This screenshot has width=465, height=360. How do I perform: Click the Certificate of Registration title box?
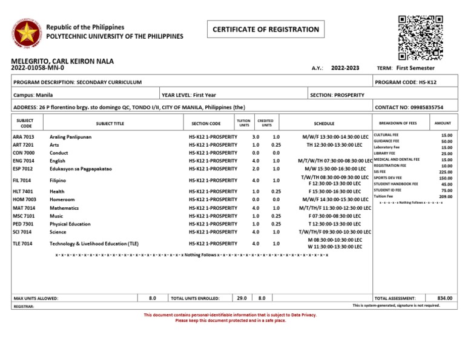pyautogui.click(x=265, y=29)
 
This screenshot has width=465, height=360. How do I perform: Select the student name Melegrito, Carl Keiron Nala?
pyautogui.click(x=62, y=61)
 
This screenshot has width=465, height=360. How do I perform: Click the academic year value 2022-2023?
pyautogui.click(x=346, y=69)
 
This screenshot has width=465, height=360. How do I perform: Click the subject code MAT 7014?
pyautogui.click(x=24, y=208)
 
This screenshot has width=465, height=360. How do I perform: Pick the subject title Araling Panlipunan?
pyautogui.click(x=70, y=138)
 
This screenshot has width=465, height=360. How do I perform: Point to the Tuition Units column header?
pyautogui.click(x=243, y=123)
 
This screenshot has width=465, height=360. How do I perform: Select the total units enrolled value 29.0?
pyautogui.click(x=242, y=298)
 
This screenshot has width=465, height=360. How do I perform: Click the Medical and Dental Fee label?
pyautogui.click(x=397, y=159)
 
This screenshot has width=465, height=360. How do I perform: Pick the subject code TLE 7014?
pyautogui.click(x=24, y=243)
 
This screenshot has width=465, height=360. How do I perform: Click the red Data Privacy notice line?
pyautogui.click(x=229, y=315)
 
